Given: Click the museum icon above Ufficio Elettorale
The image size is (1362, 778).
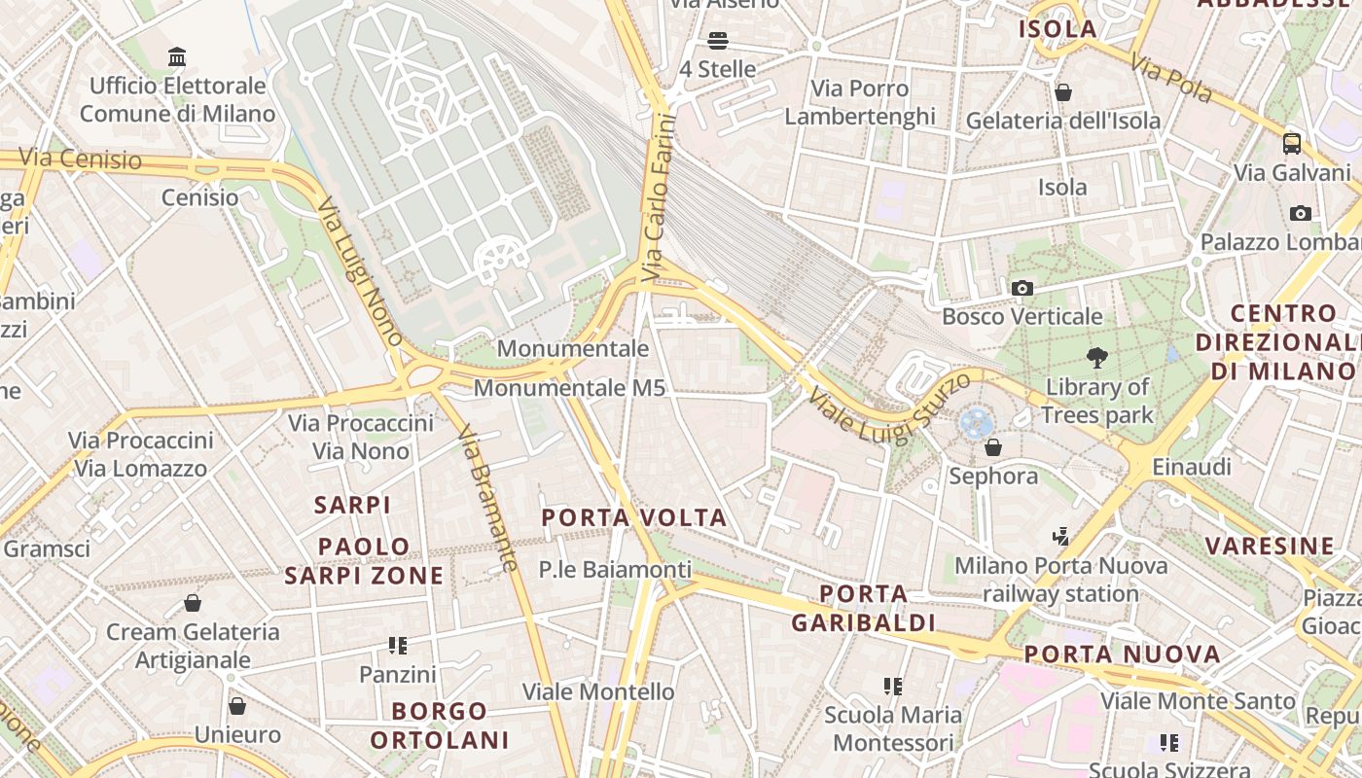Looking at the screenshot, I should pyautogui.click(x=177, y=57).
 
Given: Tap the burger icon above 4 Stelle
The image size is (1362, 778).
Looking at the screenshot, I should pyautogui.click(x=718, y=41).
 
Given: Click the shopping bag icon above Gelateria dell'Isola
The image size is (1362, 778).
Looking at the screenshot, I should pyautogui.click(x=1063, y=92).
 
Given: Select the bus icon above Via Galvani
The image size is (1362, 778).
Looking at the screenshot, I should pyautogui.click(x=1292, y=144).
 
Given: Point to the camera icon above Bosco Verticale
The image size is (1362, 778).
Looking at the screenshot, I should pyautogui.click(x=1021, y=288).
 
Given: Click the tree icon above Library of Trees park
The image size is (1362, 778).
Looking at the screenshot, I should pyautogui.click(x=1097, y=358).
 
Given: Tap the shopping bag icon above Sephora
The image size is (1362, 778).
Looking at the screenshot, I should pyautogui.click(x=993, y=447).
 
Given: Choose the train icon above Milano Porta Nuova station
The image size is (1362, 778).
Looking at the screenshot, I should pyautogui.click(x=1061, y=536).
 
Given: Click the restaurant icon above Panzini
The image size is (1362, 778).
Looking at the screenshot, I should pyautogui.click(x=397, y=645).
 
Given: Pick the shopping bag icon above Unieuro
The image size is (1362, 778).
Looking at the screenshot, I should pyautogui.click(x=237, y=706).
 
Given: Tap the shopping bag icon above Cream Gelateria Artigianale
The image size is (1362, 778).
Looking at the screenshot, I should pyautogui.click(x=193, y=603).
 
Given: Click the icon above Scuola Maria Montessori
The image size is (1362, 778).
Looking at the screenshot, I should pyautogui.click(x=893, y=687).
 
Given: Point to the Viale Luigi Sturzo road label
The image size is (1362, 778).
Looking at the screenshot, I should pyautogui.click(x=889, y=407).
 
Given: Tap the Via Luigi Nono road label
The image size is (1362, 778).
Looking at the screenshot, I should pyautogui.click(x=360, y=272).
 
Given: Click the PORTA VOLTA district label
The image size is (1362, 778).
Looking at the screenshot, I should pyautogui.click(x=634, y=517).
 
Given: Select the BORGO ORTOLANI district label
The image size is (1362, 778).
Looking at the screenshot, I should pyautogui.click(x=440, y=725).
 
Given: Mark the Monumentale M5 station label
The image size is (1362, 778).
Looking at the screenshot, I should pyautogui.click(x=569, y=388).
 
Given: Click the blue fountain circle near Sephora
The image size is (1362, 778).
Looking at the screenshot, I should pyautogui.click(x=975, y=423).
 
